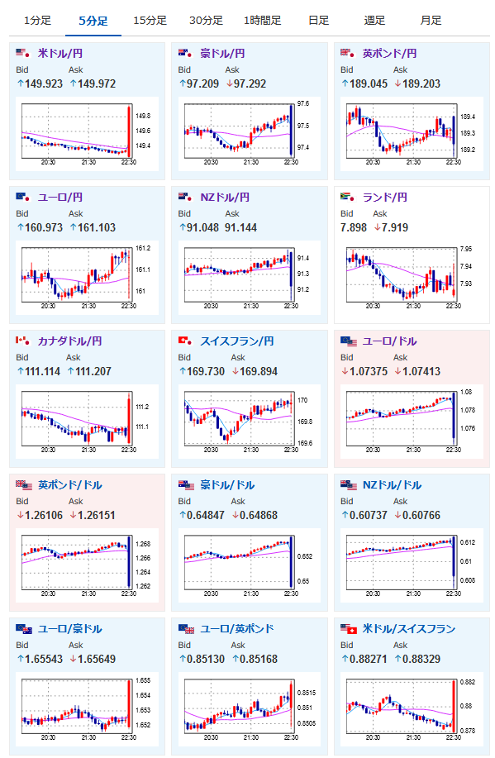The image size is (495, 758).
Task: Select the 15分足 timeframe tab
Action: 150,21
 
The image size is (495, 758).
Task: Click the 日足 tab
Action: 318,21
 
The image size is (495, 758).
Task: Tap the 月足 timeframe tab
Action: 431,21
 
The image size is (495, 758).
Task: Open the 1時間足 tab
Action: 262,21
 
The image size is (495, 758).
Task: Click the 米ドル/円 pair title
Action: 60,53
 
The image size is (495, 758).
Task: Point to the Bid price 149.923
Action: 44,83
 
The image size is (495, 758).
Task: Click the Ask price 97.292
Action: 250,83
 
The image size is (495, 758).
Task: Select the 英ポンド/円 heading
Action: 389,53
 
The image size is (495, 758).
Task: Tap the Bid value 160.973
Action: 44,227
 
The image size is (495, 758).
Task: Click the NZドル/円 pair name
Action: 225,198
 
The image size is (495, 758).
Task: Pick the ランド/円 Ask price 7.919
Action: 395,227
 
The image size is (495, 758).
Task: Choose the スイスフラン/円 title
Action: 237,341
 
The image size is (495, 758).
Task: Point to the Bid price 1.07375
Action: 369,371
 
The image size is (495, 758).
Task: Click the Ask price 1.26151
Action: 96,515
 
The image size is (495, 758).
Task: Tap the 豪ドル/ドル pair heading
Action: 227,485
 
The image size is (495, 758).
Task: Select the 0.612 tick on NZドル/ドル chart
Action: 467,542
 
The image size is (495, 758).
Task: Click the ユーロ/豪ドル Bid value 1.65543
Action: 44,659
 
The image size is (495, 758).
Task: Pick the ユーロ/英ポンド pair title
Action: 237,628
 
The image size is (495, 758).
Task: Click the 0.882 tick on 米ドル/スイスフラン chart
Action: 467,682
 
